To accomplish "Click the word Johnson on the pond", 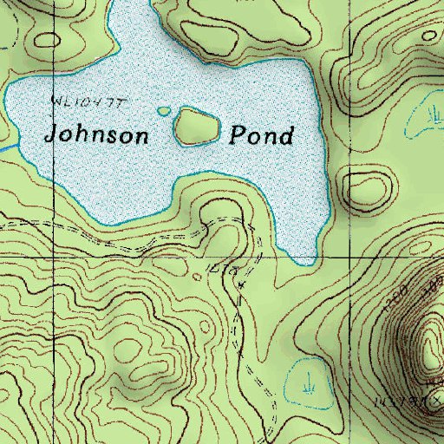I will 97,135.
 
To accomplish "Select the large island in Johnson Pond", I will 196,127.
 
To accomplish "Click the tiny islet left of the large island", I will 165,111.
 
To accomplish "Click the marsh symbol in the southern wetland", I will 307,381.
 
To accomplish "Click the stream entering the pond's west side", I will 7,148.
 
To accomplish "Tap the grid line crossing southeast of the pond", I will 350,258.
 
